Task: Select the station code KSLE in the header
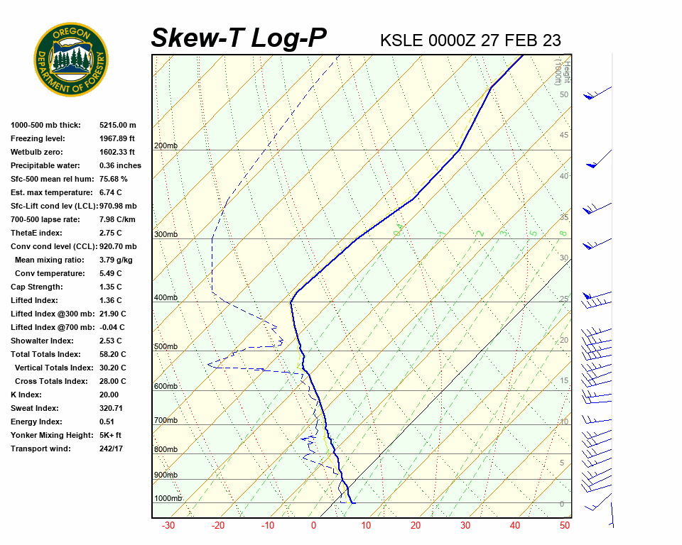pos(401,40)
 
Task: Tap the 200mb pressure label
pos(166,146)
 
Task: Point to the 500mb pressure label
pos(166,347)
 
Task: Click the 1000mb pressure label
pos(168,499)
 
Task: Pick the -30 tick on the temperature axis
pos(168,526)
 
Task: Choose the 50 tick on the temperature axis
pos(565,526)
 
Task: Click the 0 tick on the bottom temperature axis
pos(313,526)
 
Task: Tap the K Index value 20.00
pos(109,395)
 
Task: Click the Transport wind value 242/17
pos(112,448)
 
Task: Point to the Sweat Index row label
pos(35,408)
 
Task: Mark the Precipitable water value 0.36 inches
pos(120,165)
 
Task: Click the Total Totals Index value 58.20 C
pos(112,354)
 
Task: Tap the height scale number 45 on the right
pos(564,136)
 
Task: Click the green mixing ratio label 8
pos(562,233)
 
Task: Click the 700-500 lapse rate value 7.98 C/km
pos(117,219)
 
